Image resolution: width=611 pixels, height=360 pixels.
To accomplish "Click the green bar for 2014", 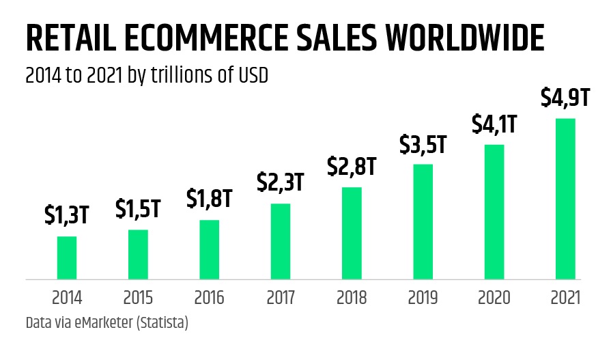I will tap(67, 258).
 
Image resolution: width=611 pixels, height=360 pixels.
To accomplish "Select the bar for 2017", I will tap(281, 241).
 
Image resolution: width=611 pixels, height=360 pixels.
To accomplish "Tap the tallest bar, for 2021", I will tap(565, 199).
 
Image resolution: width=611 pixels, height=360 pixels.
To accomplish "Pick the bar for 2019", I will tap(423, 221).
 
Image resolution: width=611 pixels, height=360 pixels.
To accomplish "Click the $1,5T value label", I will tap(138, 209).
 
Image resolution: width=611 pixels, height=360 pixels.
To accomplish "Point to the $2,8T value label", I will tap(352, 166).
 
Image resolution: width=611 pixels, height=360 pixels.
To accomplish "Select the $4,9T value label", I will tap(565, 98).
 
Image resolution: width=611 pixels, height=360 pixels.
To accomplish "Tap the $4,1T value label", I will tap(494, 124).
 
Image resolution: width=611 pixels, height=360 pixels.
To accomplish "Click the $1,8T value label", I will tap(210, 199).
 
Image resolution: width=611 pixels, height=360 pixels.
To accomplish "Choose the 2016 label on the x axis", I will tap(210, 298).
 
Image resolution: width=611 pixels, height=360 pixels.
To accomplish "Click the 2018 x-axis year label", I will tap(352, 298).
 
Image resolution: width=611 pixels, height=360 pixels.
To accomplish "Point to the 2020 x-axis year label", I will tap(494, 298).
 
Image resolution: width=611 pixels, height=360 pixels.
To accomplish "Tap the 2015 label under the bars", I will tap(138, 298).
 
